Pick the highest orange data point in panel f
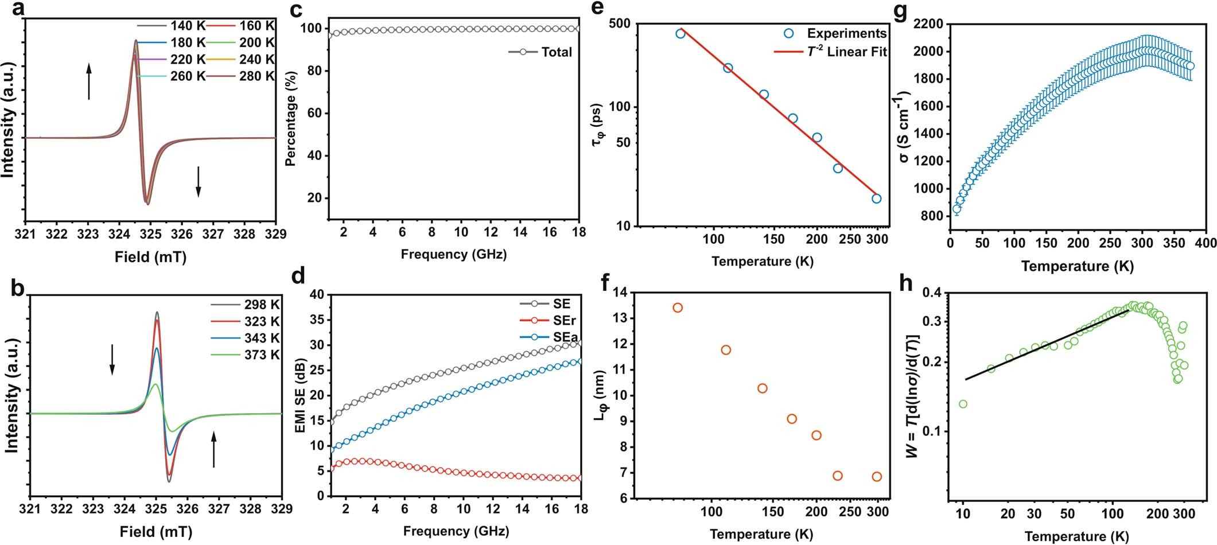[678, 307]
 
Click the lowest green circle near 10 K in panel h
[963, 404]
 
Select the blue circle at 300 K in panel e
[877, 198]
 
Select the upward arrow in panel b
[214, 450]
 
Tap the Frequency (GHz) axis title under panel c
[453, 254]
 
